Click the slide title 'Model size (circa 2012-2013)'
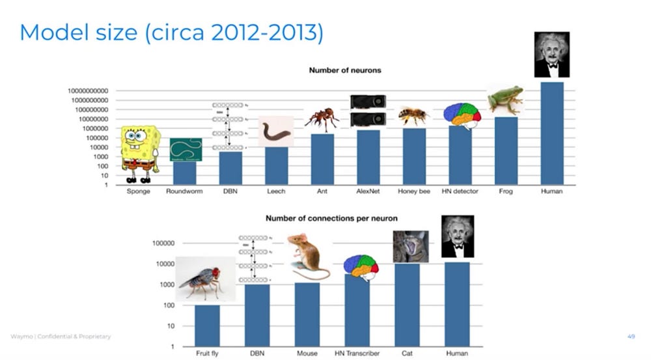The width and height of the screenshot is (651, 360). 171,33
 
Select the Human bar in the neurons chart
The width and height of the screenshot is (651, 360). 552,133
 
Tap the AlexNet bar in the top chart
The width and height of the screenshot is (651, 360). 368,158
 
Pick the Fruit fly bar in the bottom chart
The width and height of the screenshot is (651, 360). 207,325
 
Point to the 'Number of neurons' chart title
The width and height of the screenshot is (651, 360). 345,70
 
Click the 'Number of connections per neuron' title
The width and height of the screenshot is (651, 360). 331,218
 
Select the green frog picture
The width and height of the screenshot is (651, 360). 505,99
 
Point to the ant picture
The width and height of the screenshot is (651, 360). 322,119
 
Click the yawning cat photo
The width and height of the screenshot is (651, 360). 410,247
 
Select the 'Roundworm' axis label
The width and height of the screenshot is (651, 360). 185,192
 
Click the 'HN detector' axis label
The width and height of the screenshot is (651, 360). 460,192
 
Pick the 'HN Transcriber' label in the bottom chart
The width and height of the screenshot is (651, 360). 356,353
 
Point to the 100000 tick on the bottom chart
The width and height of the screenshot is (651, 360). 163,243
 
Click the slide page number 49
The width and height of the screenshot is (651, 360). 631,337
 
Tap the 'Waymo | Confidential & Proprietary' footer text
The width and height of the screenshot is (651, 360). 61,337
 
